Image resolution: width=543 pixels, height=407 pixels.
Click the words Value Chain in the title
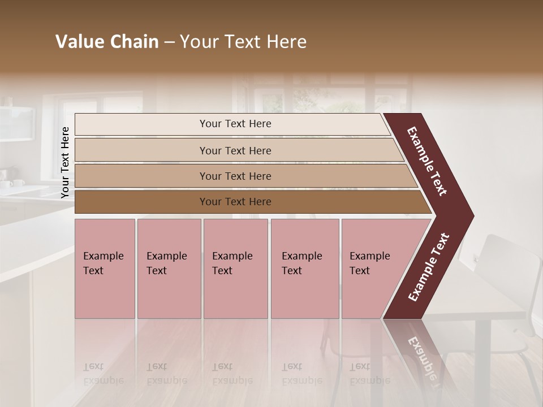pyautogui.click(x=107, y=42)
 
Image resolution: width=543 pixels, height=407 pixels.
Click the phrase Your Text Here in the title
pyautogui.click(x=243, y=42)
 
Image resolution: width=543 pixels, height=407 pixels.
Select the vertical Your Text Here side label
pyautogui.click(x=65, y=163)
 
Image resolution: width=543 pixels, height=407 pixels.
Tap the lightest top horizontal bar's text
pyautogui.click(x=235, y=124)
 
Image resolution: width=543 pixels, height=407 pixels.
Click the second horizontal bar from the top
pyautogui.click(x=235, y=150)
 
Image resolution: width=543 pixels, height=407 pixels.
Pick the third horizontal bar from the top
pyautogui.click(x=235, y=176)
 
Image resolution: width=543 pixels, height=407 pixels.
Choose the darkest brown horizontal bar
pyautogui.click(x=235, y=202)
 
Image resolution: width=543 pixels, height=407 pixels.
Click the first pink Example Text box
pyautogui.click(x=105, y=268)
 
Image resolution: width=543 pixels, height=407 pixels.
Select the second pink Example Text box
pyautogui.click(x=169, y=268)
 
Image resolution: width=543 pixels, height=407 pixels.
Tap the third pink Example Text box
pyautogui.click(x=235, y=268)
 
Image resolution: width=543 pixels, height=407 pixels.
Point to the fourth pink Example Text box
pyautogui.click(x=304, y=268)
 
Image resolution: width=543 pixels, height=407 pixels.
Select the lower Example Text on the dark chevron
pyautogui.click(x=429, y=267)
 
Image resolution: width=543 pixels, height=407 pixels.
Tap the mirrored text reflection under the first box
pyautogui.click(x=102, y=374)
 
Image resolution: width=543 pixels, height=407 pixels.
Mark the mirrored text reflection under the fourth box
pyautogui.click(x=300, y=374)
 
